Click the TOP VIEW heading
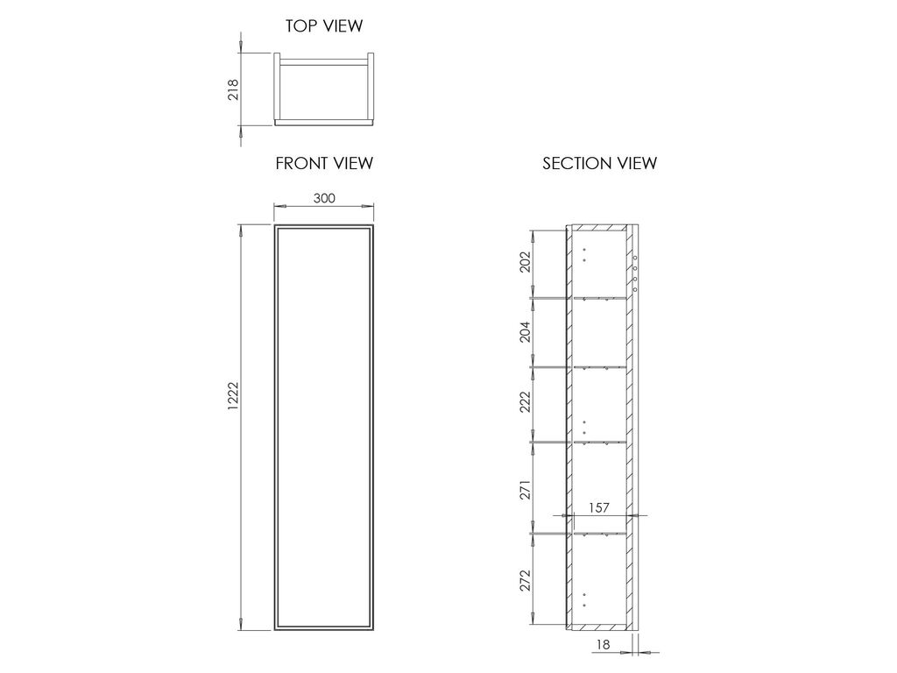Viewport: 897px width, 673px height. pyautogui.click(x=324, y=25)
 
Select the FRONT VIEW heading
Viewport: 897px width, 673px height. pyautogui.click(x=324, y=164)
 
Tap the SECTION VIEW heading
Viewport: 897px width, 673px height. pyautogui.click(x=599, y=164)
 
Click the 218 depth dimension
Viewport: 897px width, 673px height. pyautogui.click(x=233, y=90)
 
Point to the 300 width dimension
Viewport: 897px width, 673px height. pyautogui.click(x=324, y=198)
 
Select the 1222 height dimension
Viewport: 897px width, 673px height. pyautogui.click(x=232, y=396)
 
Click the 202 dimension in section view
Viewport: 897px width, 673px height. pyautogui.click(x=526, y=262)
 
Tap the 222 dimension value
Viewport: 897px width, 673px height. pyautogui.click(x=526, y=401)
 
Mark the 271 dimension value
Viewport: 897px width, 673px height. pyautogui.click(x=526, y=490)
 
